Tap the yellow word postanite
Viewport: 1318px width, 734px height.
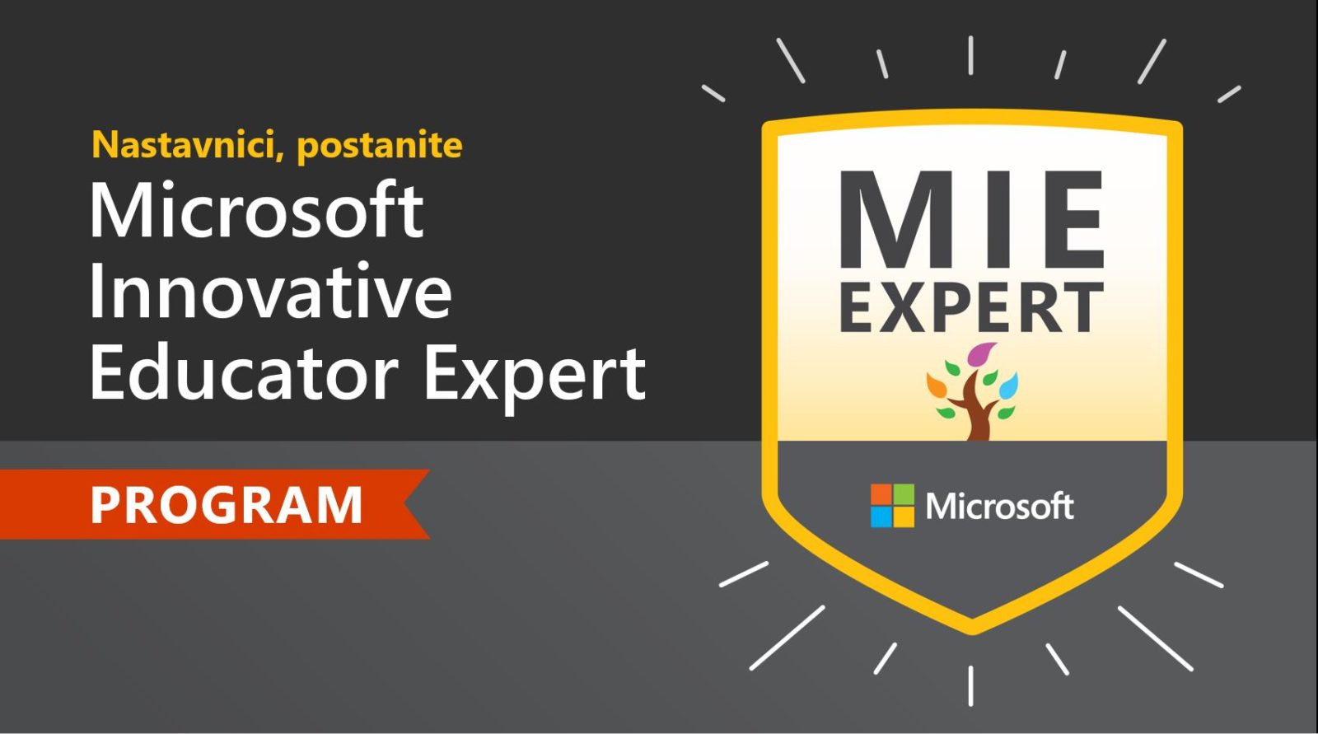click(380, 146)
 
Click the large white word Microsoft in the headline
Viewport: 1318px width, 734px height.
click(256, 208)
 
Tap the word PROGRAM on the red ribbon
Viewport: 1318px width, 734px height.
click(226, 504)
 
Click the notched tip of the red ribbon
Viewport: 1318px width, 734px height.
click(404, 504)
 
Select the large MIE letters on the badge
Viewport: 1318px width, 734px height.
click(971, 218)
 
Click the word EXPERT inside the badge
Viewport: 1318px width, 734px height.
click(971, 307)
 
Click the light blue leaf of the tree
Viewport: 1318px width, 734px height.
click(1008, 386)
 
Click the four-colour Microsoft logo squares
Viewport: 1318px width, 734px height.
click(893, 506)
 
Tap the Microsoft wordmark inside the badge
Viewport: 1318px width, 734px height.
click(1000, 506)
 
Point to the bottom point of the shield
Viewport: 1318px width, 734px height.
click(972, 633)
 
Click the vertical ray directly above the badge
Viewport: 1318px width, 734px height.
click(971, 55)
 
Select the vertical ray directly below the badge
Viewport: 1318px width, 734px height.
click(971, 685)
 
